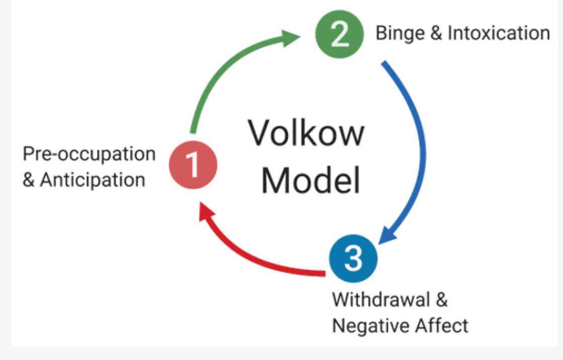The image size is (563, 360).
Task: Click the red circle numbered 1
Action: (x=193, y=164)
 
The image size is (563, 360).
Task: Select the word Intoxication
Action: (x=498, y=34)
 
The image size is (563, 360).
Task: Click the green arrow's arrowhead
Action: (x=290, y=37)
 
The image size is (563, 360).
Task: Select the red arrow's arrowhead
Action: (x=206, y=214)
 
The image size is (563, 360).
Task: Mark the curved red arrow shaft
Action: (x=262, y=259)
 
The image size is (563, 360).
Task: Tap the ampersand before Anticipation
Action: (x=29, y=180)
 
